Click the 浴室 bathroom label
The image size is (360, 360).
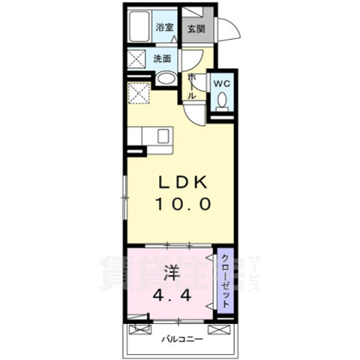pos(164,28)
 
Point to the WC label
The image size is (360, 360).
pos(222,82)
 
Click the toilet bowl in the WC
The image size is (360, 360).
pos(221,103)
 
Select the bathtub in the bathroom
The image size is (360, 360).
pos(139,28)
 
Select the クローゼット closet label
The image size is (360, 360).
pos(226,278)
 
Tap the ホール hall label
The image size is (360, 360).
pos(192,87)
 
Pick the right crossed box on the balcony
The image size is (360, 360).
pos(220,328)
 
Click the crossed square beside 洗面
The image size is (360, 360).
pos(138,58)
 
